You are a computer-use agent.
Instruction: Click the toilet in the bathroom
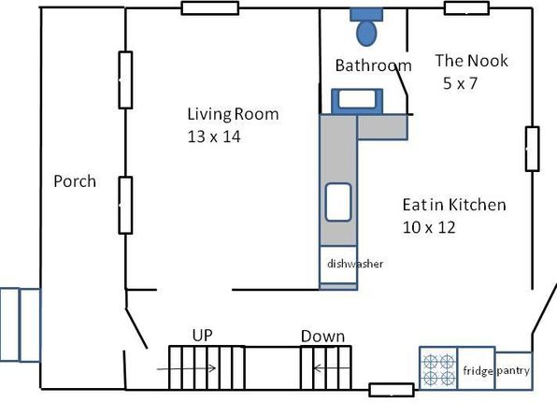[366, 27]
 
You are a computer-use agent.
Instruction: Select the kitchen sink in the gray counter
[338, 202]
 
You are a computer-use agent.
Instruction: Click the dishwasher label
[355, 264]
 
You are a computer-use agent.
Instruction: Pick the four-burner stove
[438, 368]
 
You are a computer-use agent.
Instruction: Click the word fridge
[478, 371]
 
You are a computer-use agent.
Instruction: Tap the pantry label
[513, 371]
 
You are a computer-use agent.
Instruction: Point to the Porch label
[75, 181]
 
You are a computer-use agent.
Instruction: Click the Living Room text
[233, 114]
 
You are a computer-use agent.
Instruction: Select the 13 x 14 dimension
[214, 137]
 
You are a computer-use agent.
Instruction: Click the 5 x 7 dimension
[460, 83]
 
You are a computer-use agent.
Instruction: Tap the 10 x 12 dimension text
[429, 227]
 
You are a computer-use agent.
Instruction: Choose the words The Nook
[472, 61]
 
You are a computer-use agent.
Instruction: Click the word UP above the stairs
[203, 336]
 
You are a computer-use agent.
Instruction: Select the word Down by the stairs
[323, 337]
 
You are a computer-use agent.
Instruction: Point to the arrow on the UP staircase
[186, 368]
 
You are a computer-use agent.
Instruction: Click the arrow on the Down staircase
[331, 368]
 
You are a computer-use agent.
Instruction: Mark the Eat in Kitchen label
[454, 205]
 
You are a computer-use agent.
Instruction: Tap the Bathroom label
[373, 65]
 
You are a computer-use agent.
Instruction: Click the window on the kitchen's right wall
[532, 149]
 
